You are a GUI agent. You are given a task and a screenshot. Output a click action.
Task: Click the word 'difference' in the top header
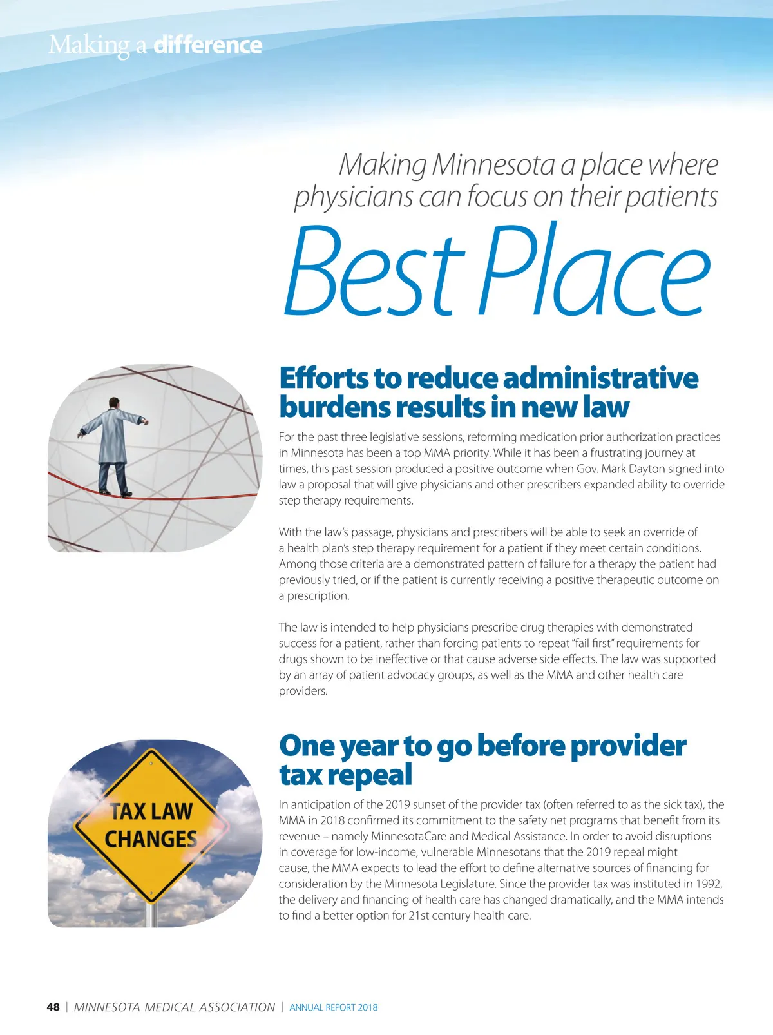tap(207, 45)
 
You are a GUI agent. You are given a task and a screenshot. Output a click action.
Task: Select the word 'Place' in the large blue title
tap(594, 271)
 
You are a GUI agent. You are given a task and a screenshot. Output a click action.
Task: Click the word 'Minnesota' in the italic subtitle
tap(493, 164)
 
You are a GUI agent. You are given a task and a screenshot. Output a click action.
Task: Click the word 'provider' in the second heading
tap(628, 746)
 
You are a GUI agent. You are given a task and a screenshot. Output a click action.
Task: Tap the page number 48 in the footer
tap(53, 1007)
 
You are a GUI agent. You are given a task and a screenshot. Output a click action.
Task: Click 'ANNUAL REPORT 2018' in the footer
tap(334, 1007)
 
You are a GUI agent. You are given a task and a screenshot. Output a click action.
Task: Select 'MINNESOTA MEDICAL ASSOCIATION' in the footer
tap(174, 1007)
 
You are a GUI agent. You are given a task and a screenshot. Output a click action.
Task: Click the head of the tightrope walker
tap(114, 403)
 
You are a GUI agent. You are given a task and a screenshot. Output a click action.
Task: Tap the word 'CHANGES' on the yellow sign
tap(151, 839)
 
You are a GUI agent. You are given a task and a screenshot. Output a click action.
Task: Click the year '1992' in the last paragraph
tap(709, 884)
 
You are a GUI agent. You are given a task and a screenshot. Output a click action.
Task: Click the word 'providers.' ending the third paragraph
tap(303, 691)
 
